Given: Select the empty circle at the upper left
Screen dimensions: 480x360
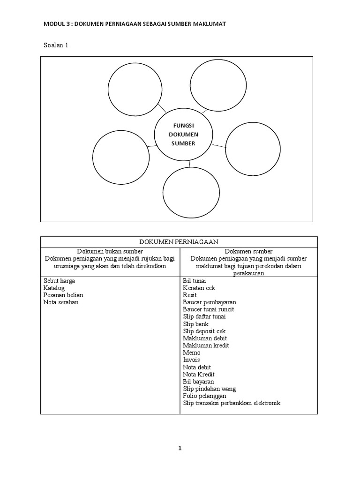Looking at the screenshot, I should coord(135,89).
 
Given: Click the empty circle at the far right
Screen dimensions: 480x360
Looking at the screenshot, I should coord(253,149).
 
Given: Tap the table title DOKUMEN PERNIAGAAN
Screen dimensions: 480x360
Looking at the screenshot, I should coord(179,241).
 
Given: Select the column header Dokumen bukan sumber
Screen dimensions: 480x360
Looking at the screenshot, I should coord(110,252).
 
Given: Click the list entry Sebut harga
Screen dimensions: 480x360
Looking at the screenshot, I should coord(59,281).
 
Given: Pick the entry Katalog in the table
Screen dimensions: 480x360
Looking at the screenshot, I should coord(54,288).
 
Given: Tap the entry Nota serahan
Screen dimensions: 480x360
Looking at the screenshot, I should coord(61,302).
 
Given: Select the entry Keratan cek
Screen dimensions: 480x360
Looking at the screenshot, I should coord(199,288).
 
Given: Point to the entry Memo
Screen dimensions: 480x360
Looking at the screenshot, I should coord(192,352).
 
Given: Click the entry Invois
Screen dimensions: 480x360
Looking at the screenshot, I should coord(191,360).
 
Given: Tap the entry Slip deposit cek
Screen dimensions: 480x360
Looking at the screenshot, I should coord(204,331).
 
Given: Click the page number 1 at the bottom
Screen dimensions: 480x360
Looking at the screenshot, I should coord(180,448).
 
